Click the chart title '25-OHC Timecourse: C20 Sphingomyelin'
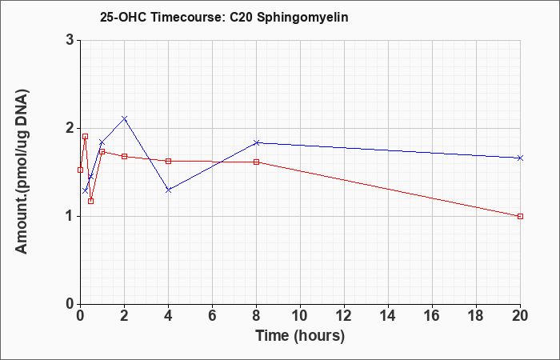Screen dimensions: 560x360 pos(224,17)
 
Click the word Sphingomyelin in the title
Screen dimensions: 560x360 pos(302,18)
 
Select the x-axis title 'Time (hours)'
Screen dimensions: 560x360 pos(300,336)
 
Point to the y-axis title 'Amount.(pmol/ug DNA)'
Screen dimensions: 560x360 pos(22,172)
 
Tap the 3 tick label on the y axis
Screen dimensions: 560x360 pos(70,40)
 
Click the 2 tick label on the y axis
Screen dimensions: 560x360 pos(70,128)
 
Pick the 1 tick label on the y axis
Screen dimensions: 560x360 pos(70,217)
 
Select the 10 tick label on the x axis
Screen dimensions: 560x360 pos(300,316)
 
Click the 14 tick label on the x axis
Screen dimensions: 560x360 pos(388,316)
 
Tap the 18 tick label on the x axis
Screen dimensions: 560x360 pos(477,316)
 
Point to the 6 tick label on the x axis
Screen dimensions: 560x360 pos(212,316)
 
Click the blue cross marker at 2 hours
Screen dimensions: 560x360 pos(124,118)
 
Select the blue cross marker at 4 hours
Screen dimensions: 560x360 pos(169,190)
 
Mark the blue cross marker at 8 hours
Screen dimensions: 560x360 pos(256,142)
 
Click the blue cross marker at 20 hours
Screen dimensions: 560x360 pos(520,158)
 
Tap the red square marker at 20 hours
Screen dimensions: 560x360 pos(520,217)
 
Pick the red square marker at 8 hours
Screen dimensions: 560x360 pos(256,162)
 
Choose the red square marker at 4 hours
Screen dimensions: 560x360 pos(169,161)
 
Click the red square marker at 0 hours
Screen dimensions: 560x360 pos(80,170)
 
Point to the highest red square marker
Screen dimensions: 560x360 pos(85,137)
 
